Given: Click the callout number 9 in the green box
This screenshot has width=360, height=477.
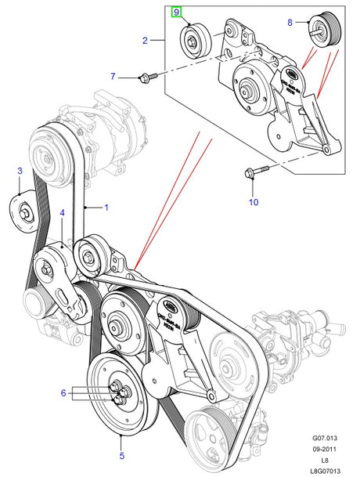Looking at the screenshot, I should click(x=177, y=12).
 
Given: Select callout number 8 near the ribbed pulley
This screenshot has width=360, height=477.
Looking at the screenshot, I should click(x=289, y=23).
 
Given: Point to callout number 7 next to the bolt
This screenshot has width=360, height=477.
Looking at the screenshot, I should click(x=112, y=76).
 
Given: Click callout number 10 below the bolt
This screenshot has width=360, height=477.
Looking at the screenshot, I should click(x=252, y=202).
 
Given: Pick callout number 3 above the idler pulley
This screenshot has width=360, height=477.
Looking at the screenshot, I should click(x=20, y=170).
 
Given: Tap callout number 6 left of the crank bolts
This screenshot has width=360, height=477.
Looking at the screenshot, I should click(x=63, y=392).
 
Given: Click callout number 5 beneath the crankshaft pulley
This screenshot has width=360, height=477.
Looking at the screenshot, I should click(x=122, y=454).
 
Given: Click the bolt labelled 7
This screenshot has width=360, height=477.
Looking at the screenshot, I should click(x=148, y=77).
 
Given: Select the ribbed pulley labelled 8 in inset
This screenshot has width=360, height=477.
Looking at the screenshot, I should click(x=322, y=29).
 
